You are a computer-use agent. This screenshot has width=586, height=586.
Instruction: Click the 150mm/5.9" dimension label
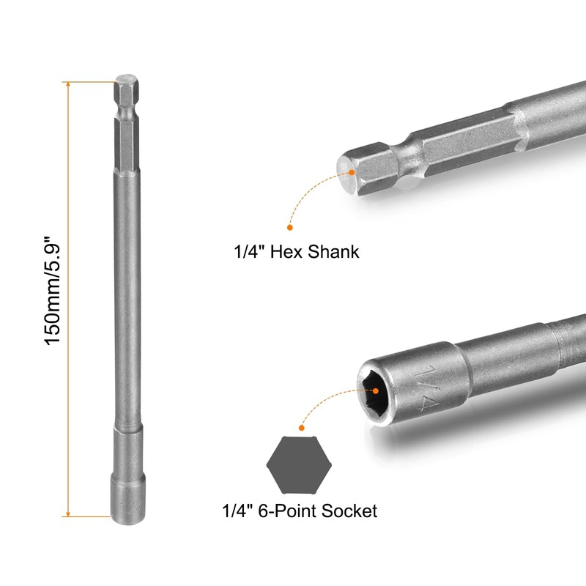(x=52, y=290)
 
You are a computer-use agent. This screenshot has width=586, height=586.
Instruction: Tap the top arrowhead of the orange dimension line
(x=68, y=84)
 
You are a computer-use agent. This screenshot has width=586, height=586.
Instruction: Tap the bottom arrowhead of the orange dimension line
(x=68, y=514)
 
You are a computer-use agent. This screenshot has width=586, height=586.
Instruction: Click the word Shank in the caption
(x=333, y=251)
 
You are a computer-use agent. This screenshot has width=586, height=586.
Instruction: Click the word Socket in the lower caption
(x=349, y=511)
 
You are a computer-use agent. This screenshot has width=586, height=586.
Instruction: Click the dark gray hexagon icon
(x=299, y=465)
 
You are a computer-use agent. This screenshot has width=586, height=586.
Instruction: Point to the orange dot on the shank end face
(x=352, y=172)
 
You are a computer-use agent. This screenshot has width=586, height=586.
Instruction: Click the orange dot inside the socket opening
(x=376, y=391)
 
